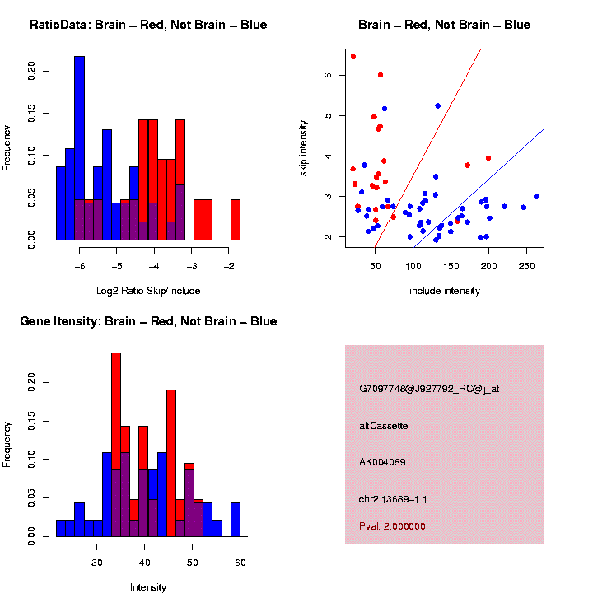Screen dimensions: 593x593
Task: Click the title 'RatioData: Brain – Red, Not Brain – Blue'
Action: pyautogui.click(x=148, y=25)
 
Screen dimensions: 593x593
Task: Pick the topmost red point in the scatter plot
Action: pyautogui.click(x=353, y=57)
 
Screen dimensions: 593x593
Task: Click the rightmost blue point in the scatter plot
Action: pyautogui.click(x=536, y=196)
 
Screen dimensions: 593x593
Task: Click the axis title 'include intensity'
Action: pyautogui.click(x=445, y=290)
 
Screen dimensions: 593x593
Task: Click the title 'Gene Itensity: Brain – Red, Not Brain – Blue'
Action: pyautogui.click(x=148, y=321)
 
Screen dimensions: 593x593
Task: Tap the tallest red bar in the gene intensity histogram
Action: pyautogui.click(x=116, y=412)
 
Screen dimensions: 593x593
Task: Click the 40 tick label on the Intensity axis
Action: pyautogui.click(x=144, y=563)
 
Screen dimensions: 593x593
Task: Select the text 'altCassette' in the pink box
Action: pyautogui.click(x=384, y=426)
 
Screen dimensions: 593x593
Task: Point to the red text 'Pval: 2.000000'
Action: pyautogui.click(x=392, y=526)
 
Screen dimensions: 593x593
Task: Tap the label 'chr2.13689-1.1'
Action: pyautogui.click(x=393, y=499)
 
